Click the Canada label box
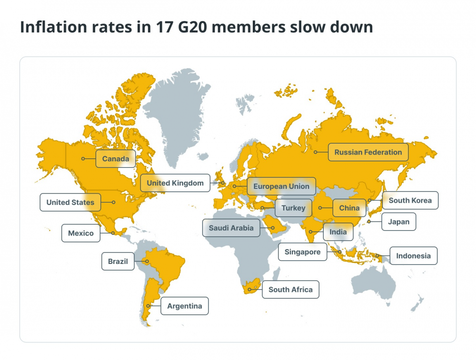[116, 159]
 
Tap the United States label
[70, 202]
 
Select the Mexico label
[81, 233]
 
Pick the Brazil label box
[118, 261]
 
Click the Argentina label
[184, 306]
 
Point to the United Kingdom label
[175, 183]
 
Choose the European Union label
[281, 186]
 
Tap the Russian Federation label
[368, 152]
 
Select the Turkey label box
[293, 208]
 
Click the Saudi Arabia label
[231, 228]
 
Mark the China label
[349, 208]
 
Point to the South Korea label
[410, 200]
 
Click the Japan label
[398, 222]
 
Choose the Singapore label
[302, 252]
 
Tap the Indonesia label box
[413, 255]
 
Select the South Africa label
[290, 289]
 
